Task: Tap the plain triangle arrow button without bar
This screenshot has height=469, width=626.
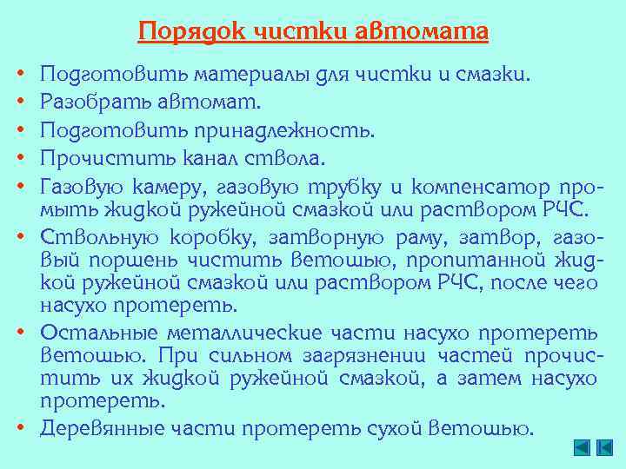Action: tap(582, 447)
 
